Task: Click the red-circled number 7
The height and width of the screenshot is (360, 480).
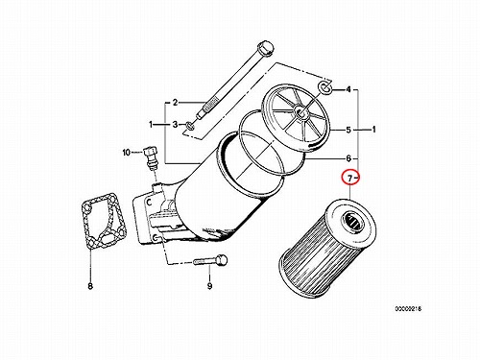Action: coord(349,178)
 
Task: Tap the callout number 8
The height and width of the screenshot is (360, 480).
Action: coord(90,286)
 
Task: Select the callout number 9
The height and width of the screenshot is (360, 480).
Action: coord(209,286)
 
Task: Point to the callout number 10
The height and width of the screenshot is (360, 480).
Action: coord(127,153)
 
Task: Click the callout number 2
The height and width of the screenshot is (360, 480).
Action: coord(175,103)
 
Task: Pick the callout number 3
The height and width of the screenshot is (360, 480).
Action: coord(175,124)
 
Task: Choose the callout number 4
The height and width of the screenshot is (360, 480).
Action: coord(348,89)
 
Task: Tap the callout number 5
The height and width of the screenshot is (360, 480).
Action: coord(348,130)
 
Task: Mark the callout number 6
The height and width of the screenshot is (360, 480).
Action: coord(348,158)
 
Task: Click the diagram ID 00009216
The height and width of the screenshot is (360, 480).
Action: coord(408,309)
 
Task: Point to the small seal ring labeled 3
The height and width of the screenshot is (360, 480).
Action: coord(189,126)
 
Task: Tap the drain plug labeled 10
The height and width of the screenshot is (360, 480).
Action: coord(151,157)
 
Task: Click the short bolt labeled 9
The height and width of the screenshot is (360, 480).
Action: coord(210,260)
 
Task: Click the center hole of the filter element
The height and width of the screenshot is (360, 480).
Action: coord(352,221)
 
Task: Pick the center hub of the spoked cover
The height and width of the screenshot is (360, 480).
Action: coord(300,111)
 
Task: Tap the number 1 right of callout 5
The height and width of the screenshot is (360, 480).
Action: coord(373,130)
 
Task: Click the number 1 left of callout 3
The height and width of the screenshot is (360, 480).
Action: coord(151,124)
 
